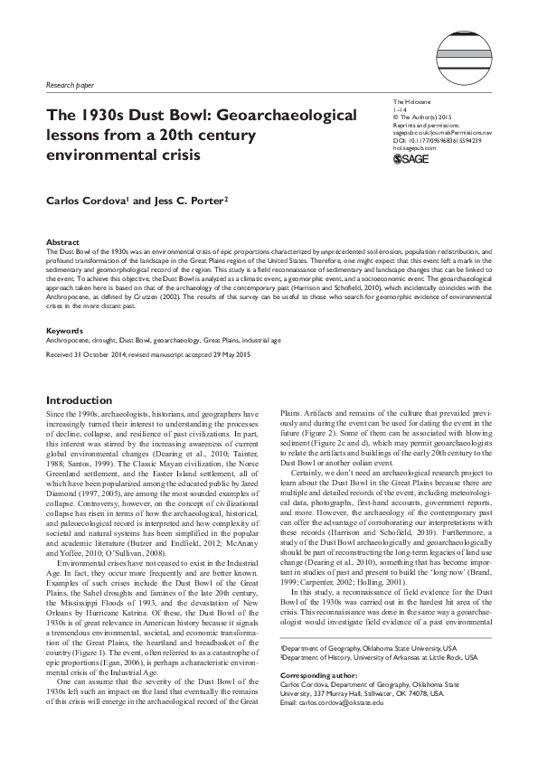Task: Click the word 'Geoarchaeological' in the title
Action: (x=259, y=117)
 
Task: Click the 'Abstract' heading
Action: (x=61, y=242)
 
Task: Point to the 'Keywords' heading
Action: (x=64, y=332)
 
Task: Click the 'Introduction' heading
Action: (x=79, y=400)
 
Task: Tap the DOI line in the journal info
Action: (x=438, y=140)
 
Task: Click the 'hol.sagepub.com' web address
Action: (x=413, y=148)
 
